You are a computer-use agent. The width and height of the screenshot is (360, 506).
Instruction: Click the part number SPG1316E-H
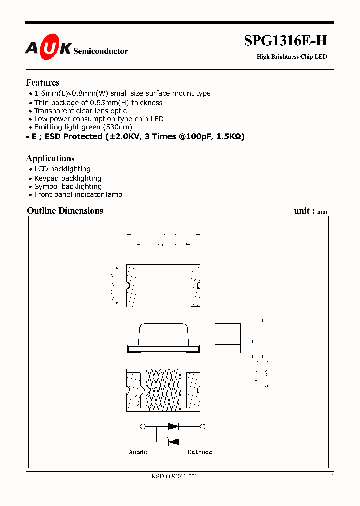click(285, 42)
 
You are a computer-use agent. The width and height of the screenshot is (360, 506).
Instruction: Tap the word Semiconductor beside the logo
click(100, 51)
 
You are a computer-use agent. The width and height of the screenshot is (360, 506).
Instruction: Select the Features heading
click(42, 83)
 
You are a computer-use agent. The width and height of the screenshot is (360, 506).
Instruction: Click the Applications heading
click(50, 158)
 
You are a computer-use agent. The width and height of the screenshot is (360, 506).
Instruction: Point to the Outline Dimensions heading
click(65, 211)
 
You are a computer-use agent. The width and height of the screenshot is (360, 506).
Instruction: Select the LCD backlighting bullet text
click(62, 169)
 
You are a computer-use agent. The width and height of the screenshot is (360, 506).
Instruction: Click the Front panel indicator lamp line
click(78, 195)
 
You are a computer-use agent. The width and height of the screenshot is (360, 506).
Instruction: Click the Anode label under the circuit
click(138, 452)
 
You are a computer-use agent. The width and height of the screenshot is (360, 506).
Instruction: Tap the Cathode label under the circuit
click(200, 452)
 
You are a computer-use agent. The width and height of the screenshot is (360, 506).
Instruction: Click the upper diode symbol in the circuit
click(173, 427)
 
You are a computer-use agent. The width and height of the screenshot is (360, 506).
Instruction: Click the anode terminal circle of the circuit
click(144, 427)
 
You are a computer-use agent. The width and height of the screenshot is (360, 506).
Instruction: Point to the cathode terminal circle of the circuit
click(203, 427)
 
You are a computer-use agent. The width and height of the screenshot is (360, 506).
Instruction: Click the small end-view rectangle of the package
click(227, 338)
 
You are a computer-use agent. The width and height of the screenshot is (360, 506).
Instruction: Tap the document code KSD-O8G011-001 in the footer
click(174, 477)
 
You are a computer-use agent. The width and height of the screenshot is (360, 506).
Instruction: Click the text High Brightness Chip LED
click(292, 57)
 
